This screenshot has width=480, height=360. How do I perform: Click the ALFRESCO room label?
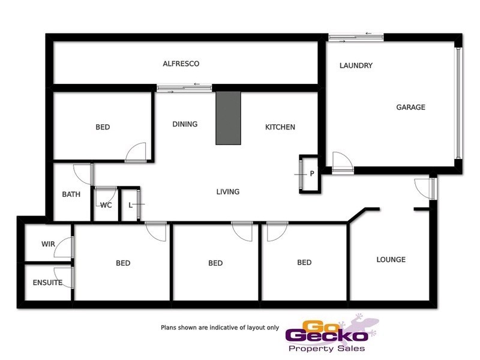tap(181, 63)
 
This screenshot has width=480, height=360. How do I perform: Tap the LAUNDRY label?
tap(356, 65)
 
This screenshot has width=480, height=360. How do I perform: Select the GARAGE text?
tap(410, 107)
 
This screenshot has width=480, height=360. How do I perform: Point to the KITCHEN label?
tap(280, 127)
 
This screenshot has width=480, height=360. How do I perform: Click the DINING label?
tap(185, 124)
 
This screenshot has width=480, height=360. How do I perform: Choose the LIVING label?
tap(228, 192)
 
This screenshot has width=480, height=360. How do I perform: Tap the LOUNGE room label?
tap(391, 260)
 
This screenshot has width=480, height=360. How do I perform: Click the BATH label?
tap(71, 194)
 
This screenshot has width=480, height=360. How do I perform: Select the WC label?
tap(106, 205)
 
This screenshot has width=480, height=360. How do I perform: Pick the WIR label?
tap(48, 244)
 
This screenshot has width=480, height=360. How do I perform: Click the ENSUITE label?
tap(47, 282)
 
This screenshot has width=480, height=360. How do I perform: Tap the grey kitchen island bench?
tap(228, 118)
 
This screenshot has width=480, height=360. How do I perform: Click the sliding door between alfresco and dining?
tap(184, 88)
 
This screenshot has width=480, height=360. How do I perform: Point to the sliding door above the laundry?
tap(356, 37)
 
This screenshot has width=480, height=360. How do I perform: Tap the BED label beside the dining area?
tap(103, 127)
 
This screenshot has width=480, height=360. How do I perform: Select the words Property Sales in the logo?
tap(326, 349)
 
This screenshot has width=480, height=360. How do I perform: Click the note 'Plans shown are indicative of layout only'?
tap(220, 328)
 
